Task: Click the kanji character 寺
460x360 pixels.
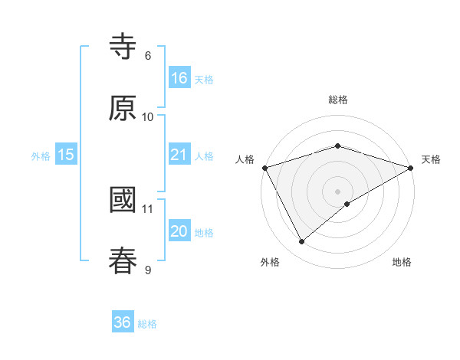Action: (123, 48)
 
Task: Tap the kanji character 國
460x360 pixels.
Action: (123, 201)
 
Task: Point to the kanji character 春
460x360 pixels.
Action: (123, 261)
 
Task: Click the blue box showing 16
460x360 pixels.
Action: (179, 78)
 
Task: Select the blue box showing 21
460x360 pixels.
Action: (179, 155)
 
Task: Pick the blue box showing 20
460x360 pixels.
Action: (179, 231)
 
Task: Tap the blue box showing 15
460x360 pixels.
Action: (66, 155)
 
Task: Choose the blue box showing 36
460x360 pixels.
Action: (123, 322)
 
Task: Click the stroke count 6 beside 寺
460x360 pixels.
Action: (147, 56)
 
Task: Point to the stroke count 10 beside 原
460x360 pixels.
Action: (148, 116)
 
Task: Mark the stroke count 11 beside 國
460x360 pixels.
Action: (148, 208)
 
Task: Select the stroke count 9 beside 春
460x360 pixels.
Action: (147, 269)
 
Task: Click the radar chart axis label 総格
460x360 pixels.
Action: (337, 100)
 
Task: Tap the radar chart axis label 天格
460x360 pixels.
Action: (432, 159)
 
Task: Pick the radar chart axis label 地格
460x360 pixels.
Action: (402, 262)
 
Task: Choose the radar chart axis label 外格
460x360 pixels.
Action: (270, 262)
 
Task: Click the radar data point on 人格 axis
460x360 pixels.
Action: (264, 168)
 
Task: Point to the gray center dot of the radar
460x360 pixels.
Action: (337, 191)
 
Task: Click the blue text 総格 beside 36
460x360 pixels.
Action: (147, 324)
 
